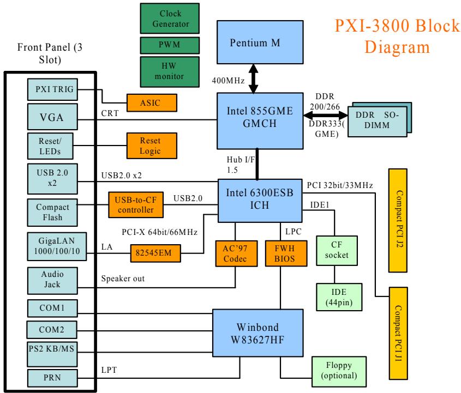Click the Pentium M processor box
click(260, 43)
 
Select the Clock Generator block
click(170, 19)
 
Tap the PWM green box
click(170, 45)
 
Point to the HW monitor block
click(170, 71)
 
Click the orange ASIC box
click(152, 103)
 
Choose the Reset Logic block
click(152, 146)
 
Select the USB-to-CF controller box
click(136, 205)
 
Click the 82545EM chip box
click(155, 253)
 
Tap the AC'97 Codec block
click(236, 253)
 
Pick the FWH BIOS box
click(286, 253)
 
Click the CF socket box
click(337, 251)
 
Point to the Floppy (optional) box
click(339, 372)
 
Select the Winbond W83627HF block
click(258, 333)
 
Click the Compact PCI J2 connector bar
click(398, 220)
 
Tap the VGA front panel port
click(52, 117)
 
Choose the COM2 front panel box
click(52, 330)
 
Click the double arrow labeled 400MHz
click(254, 78)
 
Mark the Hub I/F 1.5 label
click(241, 165)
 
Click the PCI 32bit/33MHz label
click(340, 185)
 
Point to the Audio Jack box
click(52, 281)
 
